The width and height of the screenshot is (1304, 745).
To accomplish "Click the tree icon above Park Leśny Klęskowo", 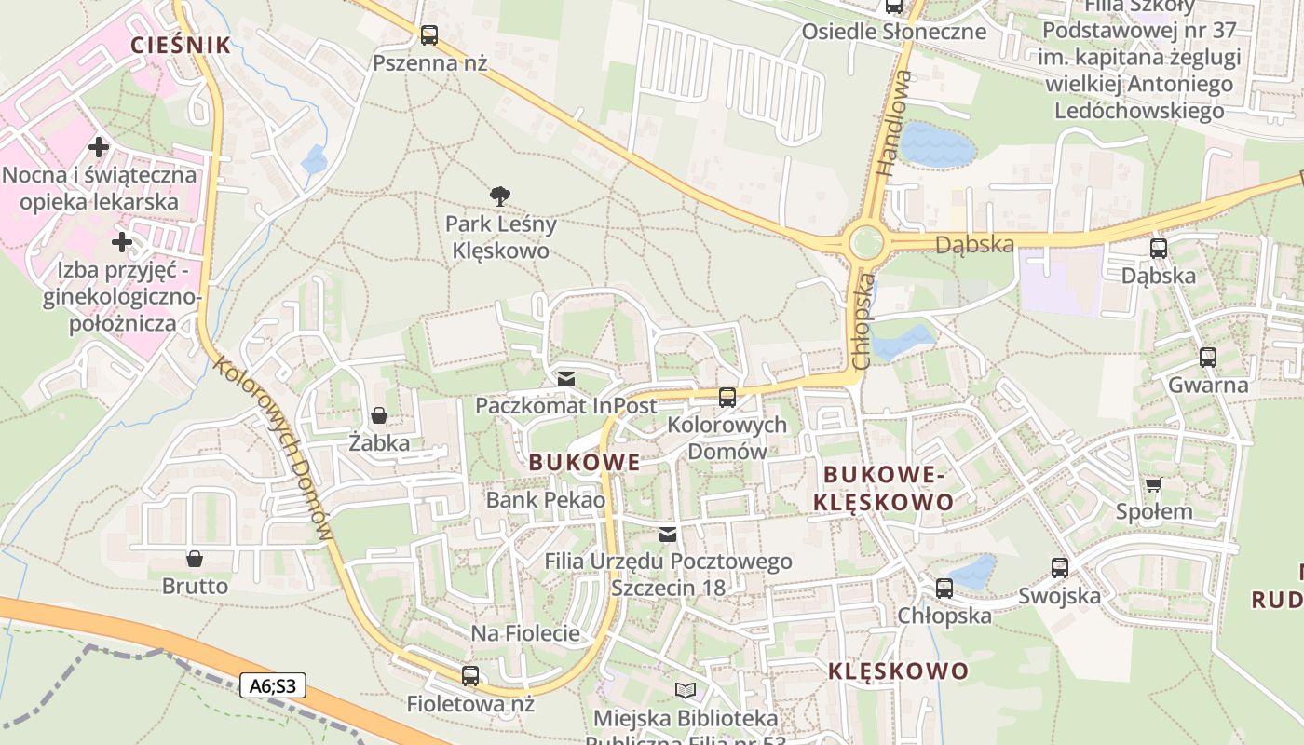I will click(x=500, y=196).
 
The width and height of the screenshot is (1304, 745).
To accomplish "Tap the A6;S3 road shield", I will click(x=273, y=686).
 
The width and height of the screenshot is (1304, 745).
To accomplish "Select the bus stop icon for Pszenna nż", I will click(x=429, y=35).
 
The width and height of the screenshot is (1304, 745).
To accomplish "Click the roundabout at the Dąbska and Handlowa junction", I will click(x=865, y=242).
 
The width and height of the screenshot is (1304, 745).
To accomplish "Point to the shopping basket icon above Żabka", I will click(x=379, y=415).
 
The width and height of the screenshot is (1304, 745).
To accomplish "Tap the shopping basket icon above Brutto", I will click(x=195, y=559).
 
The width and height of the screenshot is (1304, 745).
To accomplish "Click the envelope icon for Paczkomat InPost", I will click(x=565, y=379).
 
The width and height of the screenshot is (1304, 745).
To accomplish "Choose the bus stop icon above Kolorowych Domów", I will click(x=727, y=398).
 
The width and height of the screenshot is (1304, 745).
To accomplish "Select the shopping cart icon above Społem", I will click(x=1154, y=484).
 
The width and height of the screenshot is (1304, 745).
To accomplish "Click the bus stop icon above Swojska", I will click(x=1060, y=568).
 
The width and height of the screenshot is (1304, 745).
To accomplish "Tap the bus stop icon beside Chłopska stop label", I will click(x=944, y=589).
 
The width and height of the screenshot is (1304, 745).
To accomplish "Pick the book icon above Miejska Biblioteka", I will click(x=686, y=691).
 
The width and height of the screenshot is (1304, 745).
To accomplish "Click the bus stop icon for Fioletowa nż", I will click(x=470, y=676).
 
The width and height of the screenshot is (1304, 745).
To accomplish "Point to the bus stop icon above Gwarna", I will click(x=1208, y=358).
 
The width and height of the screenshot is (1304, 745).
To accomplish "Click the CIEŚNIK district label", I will click(x=181, y=45).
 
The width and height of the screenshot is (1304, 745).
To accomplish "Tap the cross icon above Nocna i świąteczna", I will click(x=98, y=147).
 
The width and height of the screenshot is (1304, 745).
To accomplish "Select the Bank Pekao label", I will click(x=546, y=500).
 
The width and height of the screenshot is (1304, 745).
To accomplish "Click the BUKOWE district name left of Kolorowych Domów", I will click(x=585, y=462).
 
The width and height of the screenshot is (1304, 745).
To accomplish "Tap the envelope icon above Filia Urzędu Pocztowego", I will click(x=668, y=535).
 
